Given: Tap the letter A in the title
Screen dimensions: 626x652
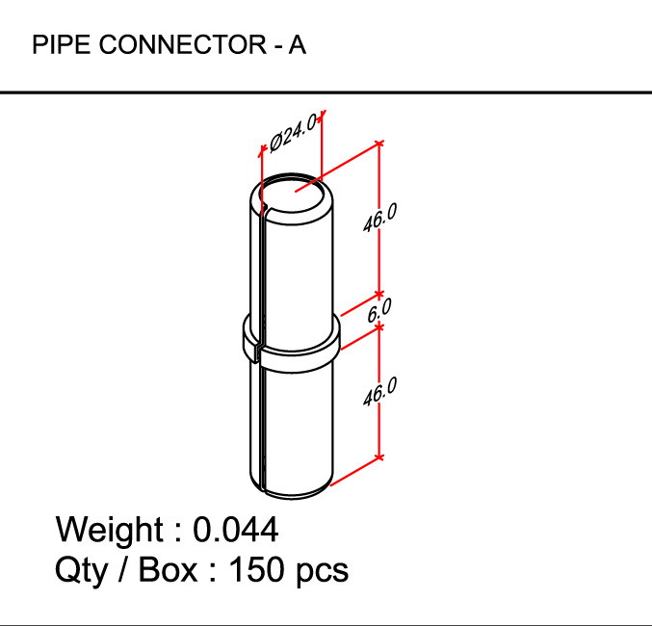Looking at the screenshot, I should (298, 45).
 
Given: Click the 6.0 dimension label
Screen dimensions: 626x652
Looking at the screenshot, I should (379, 309).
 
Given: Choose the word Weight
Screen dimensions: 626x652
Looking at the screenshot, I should (110, 530).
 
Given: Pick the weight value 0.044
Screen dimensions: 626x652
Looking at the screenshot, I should (236, 530).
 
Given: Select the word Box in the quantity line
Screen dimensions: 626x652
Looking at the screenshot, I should (169, 570).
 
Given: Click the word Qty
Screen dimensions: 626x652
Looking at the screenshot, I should (82, 570).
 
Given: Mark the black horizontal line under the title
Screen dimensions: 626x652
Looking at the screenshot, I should (326, 92).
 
